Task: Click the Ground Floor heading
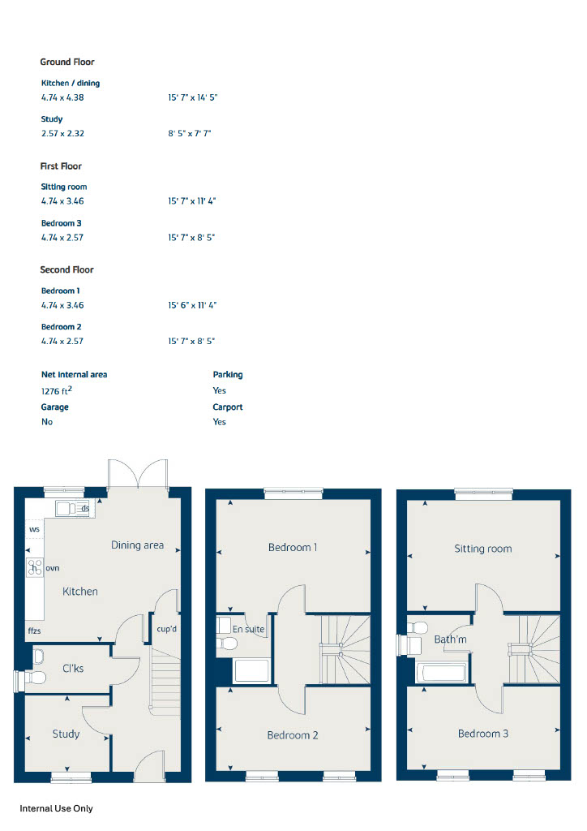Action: [x=67, y=62]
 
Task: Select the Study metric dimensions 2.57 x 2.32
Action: [x=62, y=134]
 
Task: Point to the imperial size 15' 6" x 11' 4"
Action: [x=192, y=305]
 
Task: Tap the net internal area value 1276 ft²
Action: [x=57, y=390]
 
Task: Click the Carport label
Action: [x=228, y=407]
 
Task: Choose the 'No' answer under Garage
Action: [x=47, y=422]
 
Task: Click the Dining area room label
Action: [x=138, y=545]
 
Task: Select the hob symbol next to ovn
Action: [x=35, y=567]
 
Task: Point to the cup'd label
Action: [x=167, y=629]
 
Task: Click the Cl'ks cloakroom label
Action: [x=73, y=669]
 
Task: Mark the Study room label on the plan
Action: [x=66, y=734]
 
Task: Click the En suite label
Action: [x=248, y=629]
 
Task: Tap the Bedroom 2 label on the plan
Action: [x=293, y=735]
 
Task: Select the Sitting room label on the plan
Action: [x=483, y=549]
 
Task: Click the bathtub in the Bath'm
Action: [x=442, y=673]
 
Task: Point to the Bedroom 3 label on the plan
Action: [x=483, y=734]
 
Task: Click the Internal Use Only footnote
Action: [x=56, y=808]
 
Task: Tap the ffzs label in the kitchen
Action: [x=34, y=631]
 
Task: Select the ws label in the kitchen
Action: [x=34, y=529]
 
